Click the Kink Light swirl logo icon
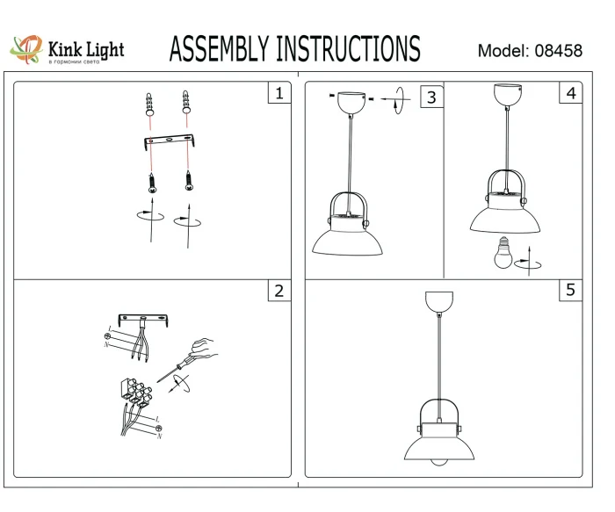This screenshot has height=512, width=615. point(25,49)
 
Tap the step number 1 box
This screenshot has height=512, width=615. point(279,93)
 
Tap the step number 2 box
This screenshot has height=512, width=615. point(279,291)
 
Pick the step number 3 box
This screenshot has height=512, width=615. point(431,97)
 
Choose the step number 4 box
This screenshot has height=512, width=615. point(572,93)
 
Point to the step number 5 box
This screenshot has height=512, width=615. point(572,290)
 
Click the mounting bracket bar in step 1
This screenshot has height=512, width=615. point(168,142)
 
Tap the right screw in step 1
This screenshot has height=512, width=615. point(187,181)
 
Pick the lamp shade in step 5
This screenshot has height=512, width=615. point(437,448)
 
